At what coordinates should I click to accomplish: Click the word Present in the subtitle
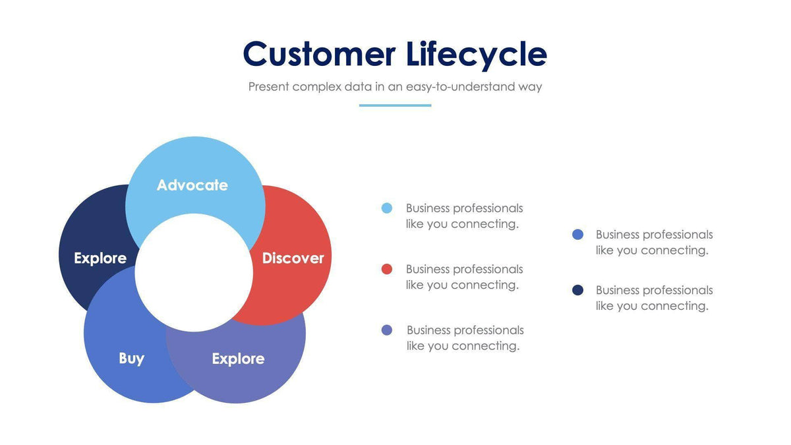pos(268,87)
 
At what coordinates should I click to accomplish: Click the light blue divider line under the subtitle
pos(395,105)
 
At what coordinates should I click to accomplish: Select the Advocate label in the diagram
pos(192,185)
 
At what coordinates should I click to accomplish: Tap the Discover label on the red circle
pos(293,258)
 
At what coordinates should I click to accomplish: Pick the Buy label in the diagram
pos(131,359)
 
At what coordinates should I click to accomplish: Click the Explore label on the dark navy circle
pos(100,258)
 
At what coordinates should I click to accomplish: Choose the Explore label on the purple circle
pos(238,359)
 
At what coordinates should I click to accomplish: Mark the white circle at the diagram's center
pos(194,272)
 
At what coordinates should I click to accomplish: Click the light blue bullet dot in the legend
pos(387,208)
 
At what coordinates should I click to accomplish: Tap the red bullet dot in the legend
pos(387,269)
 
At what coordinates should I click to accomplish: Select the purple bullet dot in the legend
pos(387,330)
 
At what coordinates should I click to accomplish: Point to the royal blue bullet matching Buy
pos(578,235)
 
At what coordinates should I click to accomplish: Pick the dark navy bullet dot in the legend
pos(578,290)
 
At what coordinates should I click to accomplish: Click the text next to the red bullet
pos(464,277)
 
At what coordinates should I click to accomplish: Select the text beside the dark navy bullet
pos(654,298)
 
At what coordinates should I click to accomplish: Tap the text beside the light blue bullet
pos(464,216)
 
